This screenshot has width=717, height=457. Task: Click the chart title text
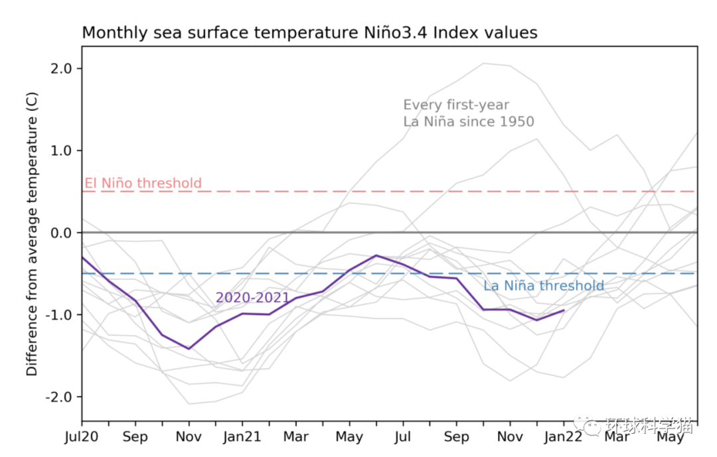tap(309, 33)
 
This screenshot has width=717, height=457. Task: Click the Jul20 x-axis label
tap(82, 437)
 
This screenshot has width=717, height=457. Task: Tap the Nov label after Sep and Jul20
tap(189, 437)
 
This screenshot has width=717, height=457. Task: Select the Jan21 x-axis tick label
tap(242, 437)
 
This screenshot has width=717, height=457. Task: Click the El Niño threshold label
tap(143, 183)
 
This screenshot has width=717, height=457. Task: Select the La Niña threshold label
tap(543, 286)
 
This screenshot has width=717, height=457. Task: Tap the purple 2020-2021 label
tap(252, 298)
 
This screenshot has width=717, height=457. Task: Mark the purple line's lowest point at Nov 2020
tap(189, 348)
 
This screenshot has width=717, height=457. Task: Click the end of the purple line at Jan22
tap(564, 310)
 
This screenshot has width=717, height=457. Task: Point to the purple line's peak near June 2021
tap(376, 255)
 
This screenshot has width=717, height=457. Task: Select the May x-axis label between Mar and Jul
tap(349, 437)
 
